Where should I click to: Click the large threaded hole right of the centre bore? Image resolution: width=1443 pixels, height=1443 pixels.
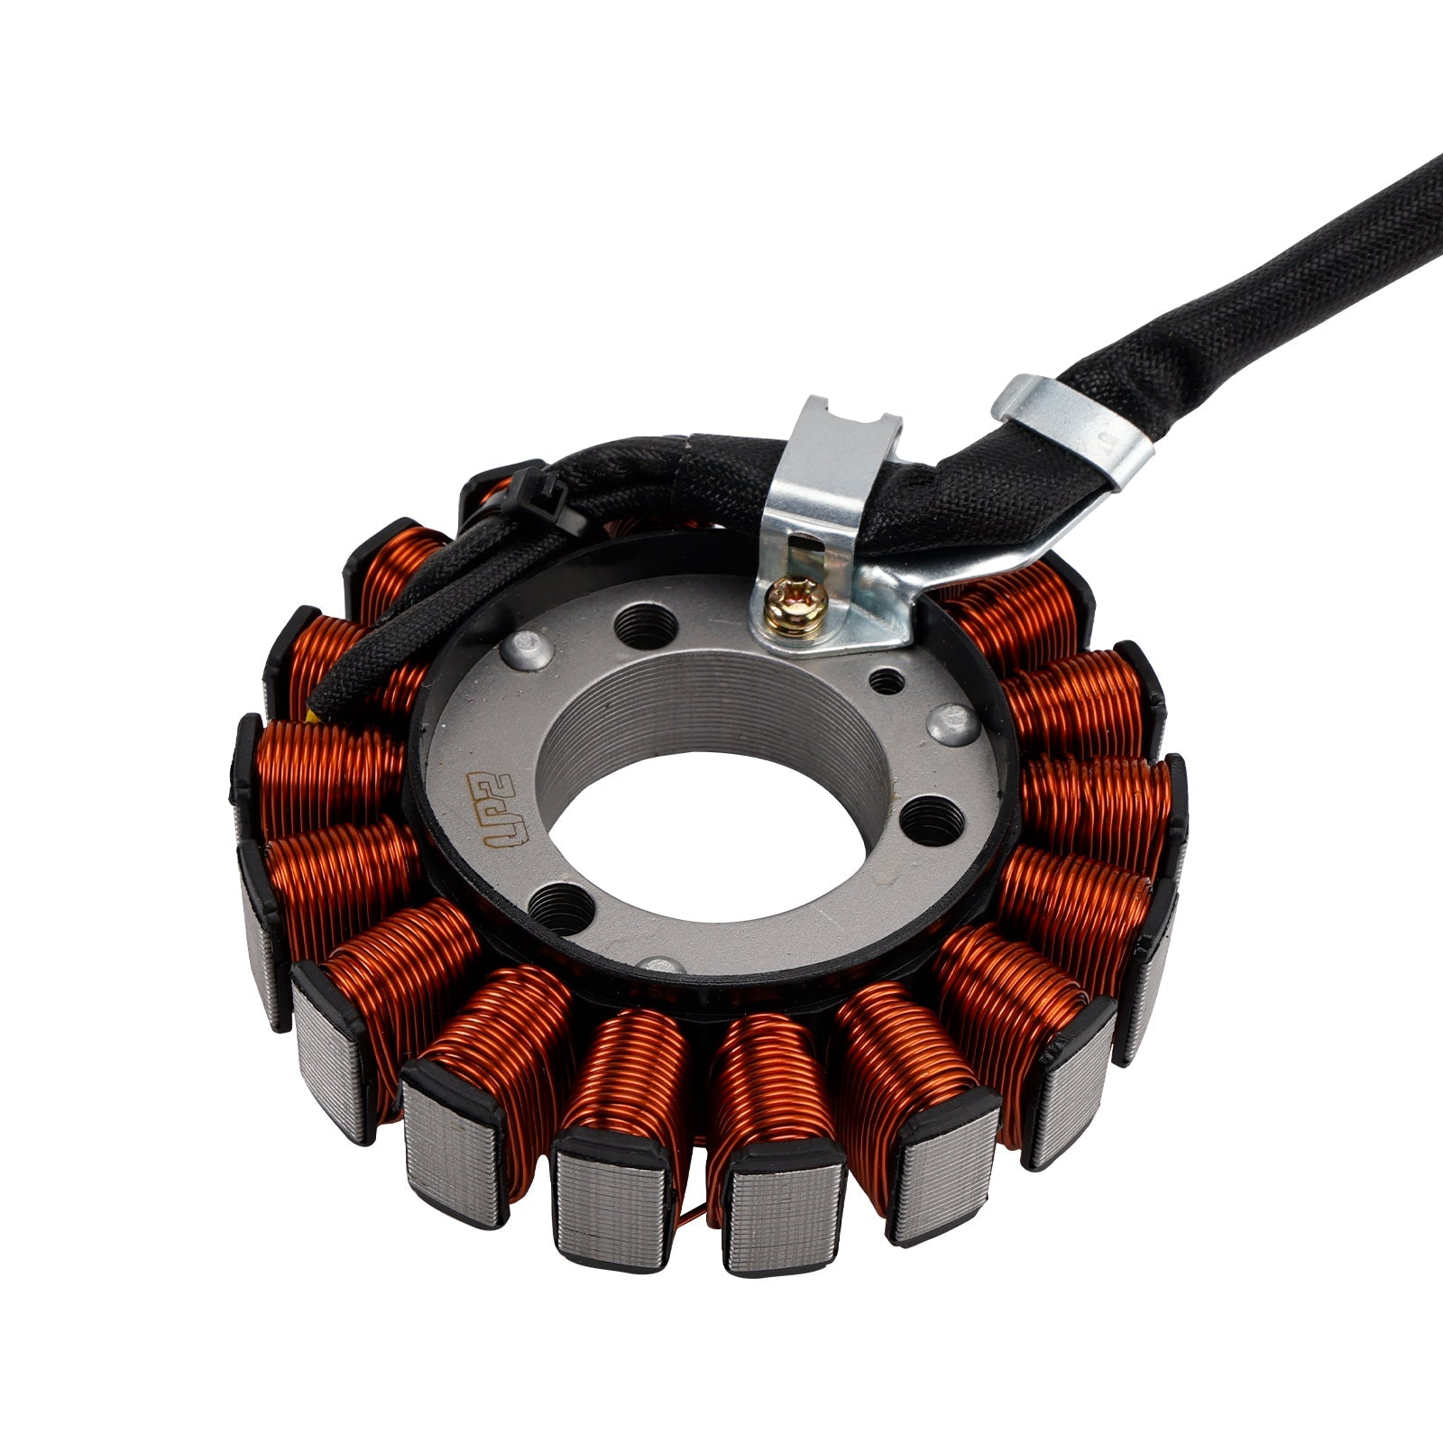pos(930,819)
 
